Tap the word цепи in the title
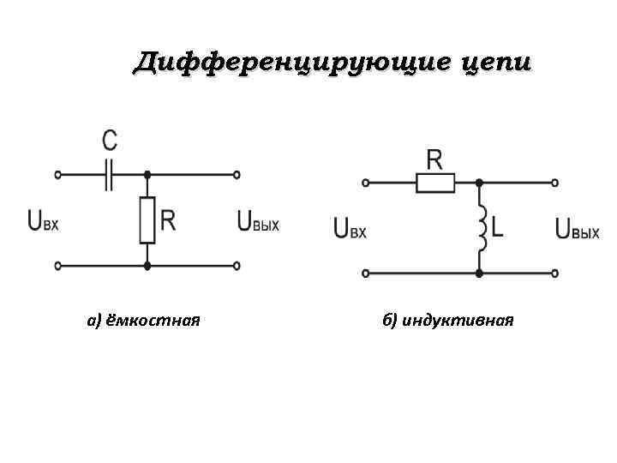tap(496, 63)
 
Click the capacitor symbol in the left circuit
tap(109, 174)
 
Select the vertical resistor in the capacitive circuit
tap(147, 219)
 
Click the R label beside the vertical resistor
tap(168, 221)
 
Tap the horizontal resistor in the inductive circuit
tap(435, 182)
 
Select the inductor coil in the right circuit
tap(482, 228)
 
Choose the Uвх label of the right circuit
tap(350, 229)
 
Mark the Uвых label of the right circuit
tap(577, 229)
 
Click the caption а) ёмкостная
tap(143, 322)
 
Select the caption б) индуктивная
tap(448, 322)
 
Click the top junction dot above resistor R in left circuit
tap(147, 174)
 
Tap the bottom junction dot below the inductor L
tap(480, 274)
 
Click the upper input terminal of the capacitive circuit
tap(58, 174)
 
